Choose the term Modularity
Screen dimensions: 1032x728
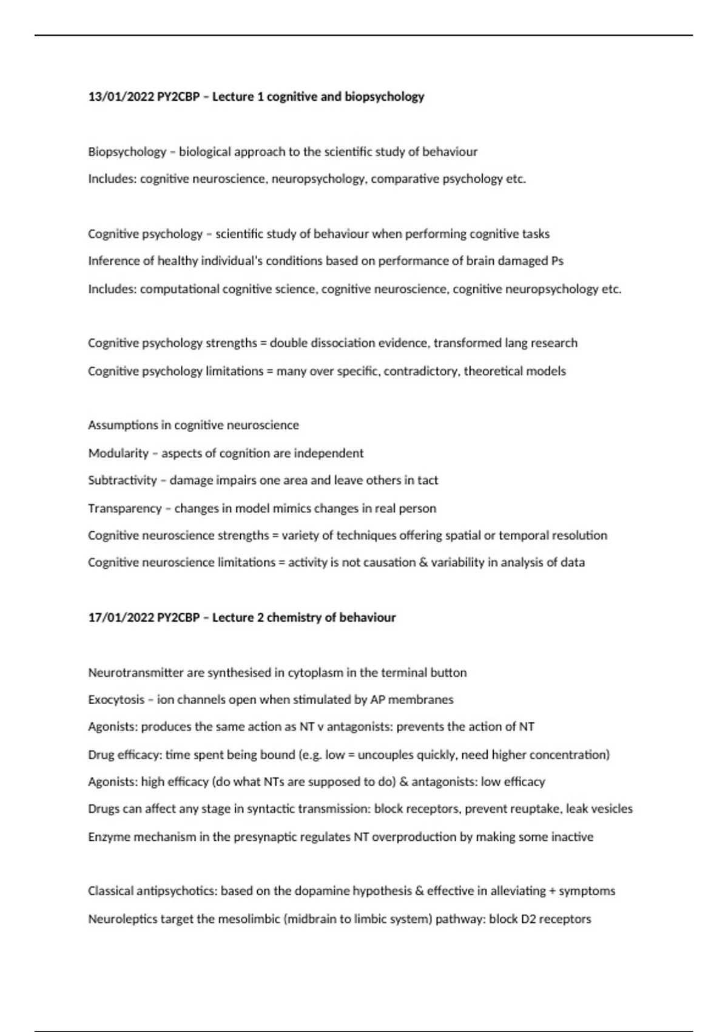point(118,453)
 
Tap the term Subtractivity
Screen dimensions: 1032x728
point(123,480)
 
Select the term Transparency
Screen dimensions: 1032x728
point(125,508)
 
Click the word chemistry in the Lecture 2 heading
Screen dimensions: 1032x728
point(294,617)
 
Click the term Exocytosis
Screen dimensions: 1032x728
point(116,700)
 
